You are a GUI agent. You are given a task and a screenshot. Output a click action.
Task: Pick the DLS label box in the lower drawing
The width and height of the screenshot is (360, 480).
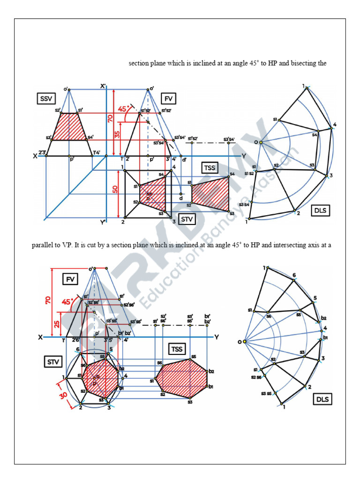(x=322, y=399)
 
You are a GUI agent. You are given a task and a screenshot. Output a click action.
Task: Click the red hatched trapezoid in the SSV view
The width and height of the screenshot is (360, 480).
(x=69, y=127)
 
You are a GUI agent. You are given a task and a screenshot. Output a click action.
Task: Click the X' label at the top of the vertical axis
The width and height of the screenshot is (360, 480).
(x=103, y=86)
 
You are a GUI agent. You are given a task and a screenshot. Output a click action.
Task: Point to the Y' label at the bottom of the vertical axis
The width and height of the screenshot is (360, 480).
(x=103, y=222)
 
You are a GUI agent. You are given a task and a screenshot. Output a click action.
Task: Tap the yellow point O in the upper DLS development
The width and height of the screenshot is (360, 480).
(x=260, y=142)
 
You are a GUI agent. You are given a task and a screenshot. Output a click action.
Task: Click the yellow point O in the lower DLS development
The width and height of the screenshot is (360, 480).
(x=244, y=342)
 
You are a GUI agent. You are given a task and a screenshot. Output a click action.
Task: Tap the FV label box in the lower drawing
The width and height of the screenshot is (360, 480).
(x=70, y=279)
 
